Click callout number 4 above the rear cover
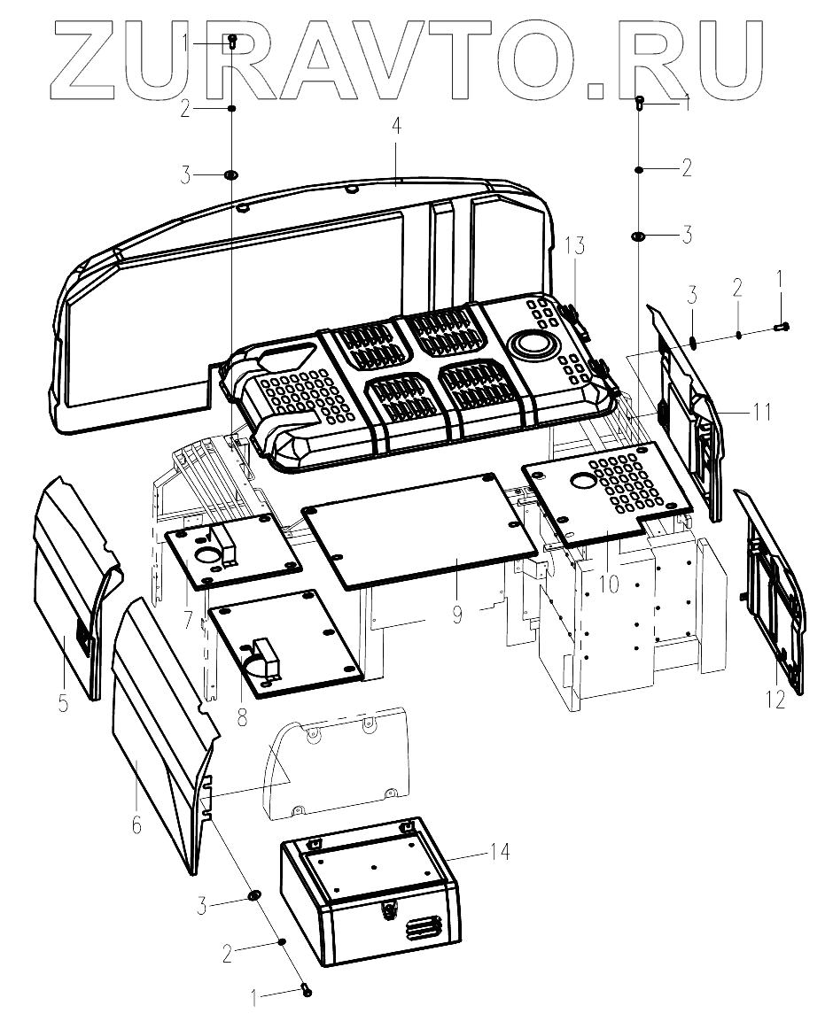396,127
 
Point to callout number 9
456,614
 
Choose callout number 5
63,705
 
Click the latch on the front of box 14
389,909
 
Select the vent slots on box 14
424,928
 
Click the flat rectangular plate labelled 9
416,531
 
